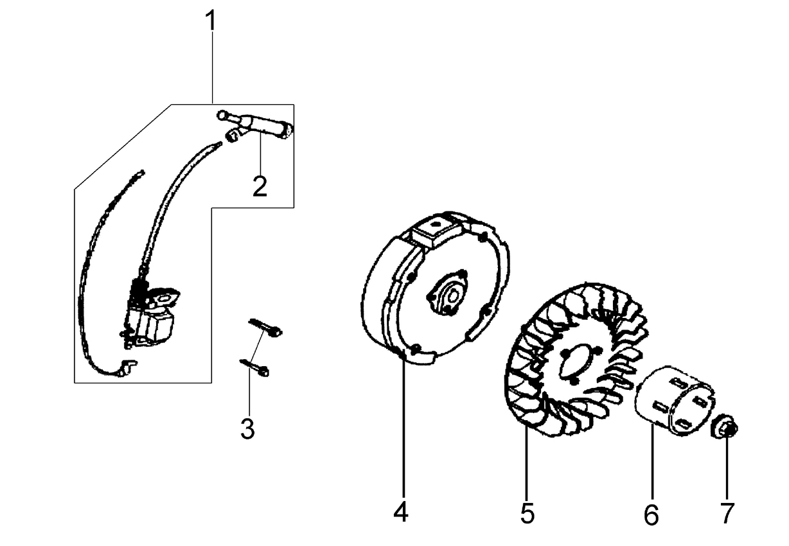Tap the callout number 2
260,186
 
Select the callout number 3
247,428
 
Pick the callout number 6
652,515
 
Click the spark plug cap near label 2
255,126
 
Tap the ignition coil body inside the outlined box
150,315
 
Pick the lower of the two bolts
254,368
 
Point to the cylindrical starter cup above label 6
675,401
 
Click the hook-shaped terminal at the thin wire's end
126,368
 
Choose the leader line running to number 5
526,464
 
